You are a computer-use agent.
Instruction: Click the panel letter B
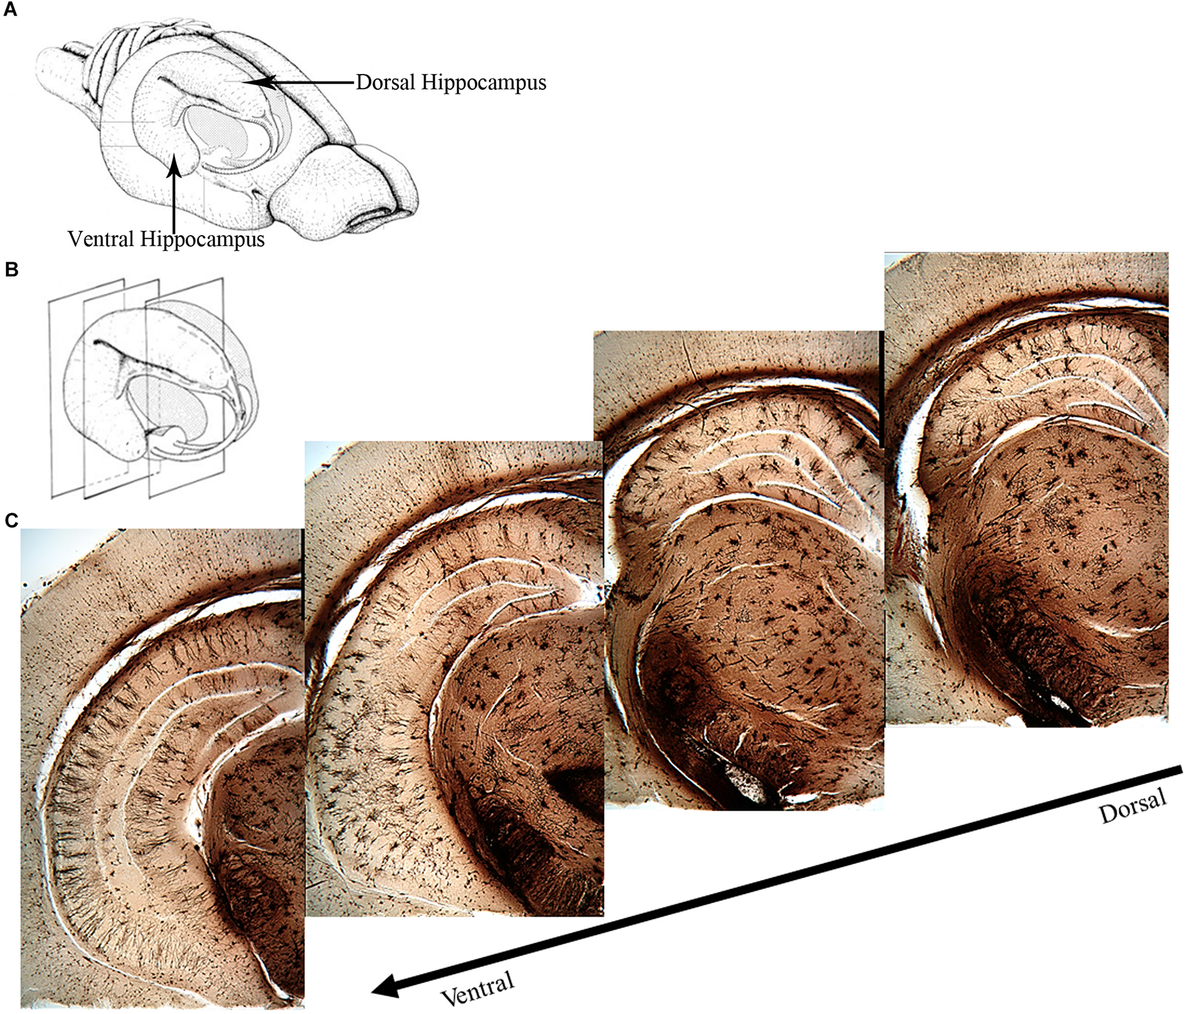11,270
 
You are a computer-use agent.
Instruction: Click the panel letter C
11,521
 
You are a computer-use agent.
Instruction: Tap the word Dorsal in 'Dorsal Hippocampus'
385,83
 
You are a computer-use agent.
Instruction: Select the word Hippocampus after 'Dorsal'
484,83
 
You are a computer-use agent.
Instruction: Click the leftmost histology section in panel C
162,766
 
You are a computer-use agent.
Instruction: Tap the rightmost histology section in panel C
1026,489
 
